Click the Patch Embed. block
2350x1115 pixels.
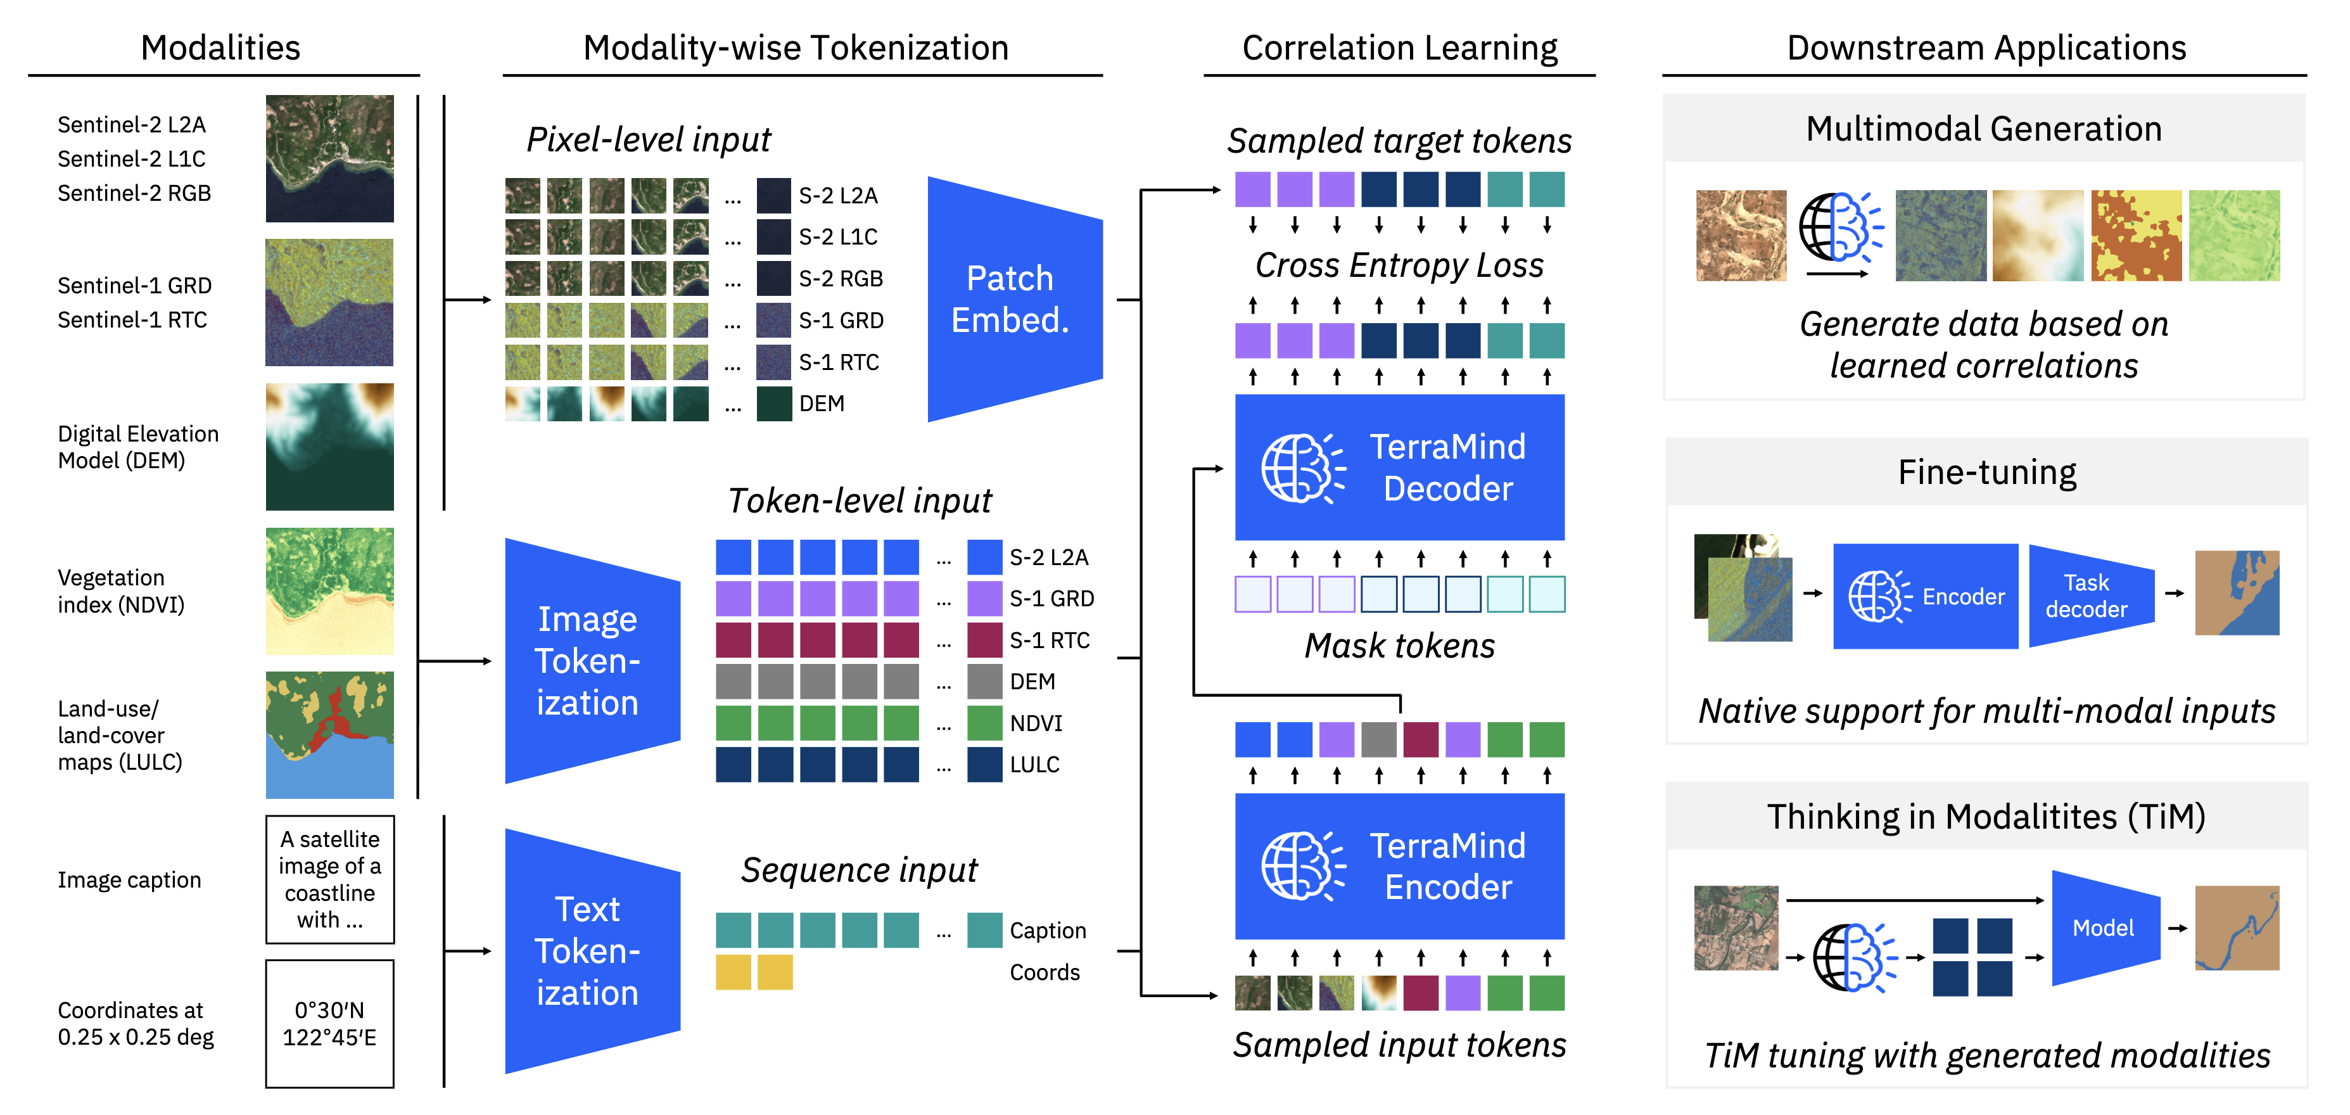tap(1013, 299)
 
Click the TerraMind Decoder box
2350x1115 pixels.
tap(1399, 467)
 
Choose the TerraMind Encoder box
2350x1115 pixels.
tap(1399, 866)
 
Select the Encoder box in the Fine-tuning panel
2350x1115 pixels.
tap(1925, 596)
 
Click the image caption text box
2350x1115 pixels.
tap(329, 879)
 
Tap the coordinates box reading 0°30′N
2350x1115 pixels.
tap(329, 1023)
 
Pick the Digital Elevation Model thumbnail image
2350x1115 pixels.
tap(329, 446)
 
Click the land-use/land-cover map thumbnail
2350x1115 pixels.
tap(329, 734)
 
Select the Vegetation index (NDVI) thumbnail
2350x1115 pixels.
tap(329, 590)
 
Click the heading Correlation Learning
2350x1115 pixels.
tap(1399, 48)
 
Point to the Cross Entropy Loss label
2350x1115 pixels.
tap(1399, 265)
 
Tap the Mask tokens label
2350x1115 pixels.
tap(1399, 645)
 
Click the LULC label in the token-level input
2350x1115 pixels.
tap(1034, 765)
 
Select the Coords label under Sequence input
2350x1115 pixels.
tap(1045, 972)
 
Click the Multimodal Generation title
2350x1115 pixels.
tap(1983, 129)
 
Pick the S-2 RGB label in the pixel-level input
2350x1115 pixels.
tap(840, 278)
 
